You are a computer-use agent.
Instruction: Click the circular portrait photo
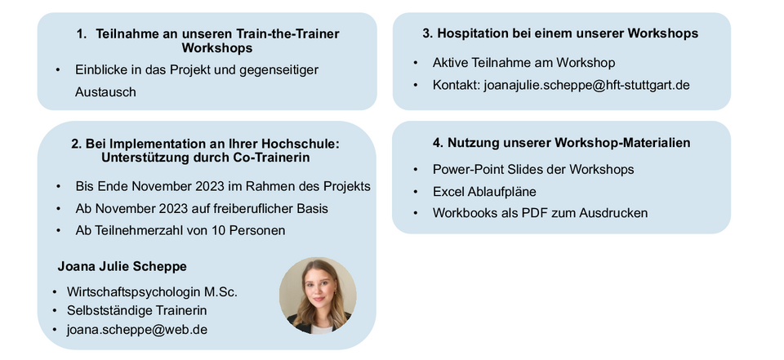pos(318,296)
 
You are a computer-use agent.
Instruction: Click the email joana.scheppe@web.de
pos(137,330)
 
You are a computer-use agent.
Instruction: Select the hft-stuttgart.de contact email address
pos(586,85)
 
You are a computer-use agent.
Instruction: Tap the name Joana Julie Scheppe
pos(122,266)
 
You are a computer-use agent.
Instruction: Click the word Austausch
pos(105,92)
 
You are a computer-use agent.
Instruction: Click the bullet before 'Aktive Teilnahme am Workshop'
pos(416,63)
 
